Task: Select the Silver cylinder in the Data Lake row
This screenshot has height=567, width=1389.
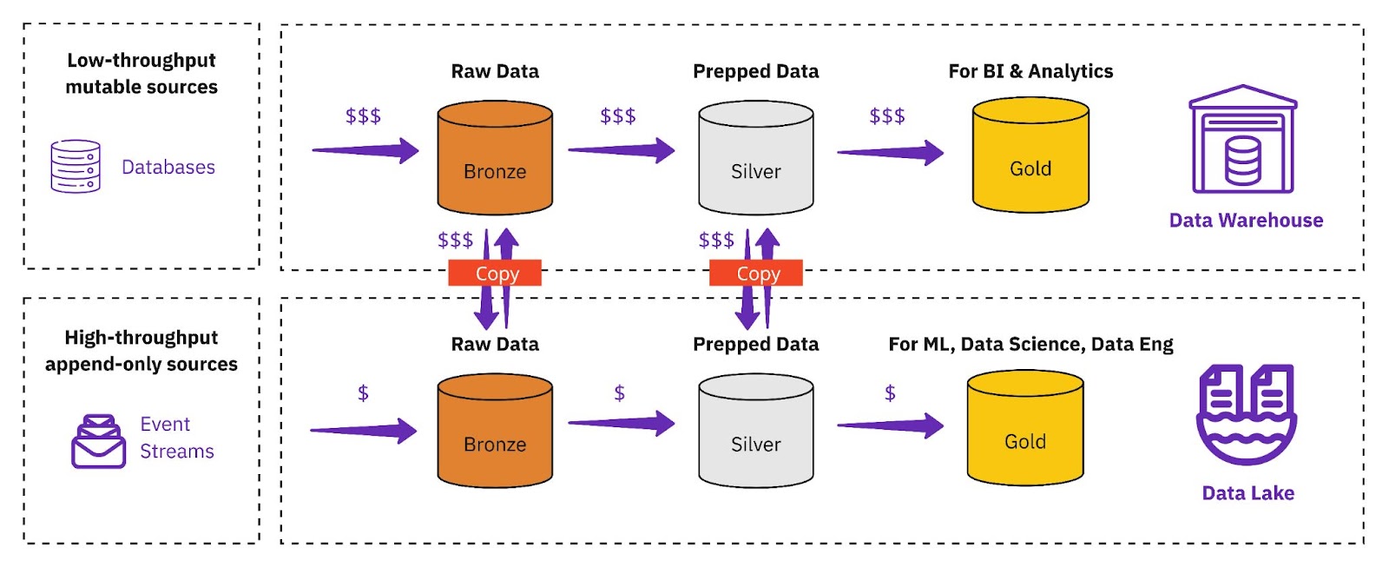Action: (755, 431)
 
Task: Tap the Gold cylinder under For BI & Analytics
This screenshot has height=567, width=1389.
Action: (1030, 155)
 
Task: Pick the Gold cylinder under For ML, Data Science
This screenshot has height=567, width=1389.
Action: (1025, 428)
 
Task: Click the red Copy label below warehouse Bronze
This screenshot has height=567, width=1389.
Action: (495, 274)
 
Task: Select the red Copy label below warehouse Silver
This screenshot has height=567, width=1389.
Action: (756, 274)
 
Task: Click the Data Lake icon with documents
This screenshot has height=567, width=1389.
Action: (1247, 414)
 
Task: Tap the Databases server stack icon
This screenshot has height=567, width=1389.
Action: (76, 166)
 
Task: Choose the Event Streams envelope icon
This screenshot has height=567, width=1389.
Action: (98, 441)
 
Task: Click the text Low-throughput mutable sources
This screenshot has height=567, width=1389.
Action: (142, 74)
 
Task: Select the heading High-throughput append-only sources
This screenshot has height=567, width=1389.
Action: (142, 351)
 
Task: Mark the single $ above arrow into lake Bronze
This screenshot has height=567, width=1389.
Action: (363, 393)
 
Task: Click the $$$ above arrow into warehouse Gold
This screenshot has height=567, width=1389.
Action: (886, 116)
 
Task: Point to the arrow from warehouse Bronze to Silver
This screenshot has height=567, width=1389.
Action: (621, 150)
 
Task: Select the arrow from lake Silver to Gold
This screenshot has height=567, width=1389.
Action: (889, 425)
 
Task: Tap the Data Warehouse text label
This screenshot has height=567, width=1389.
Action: (1246, 221)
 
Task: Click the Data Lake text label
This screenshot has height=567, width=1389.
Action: (1247, 493)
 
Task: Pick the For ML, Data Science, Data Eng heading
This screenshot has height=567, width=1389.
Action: (1030, 345)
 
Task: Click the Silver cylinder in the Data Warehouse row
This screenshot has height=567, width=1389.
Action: (755, 158)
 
